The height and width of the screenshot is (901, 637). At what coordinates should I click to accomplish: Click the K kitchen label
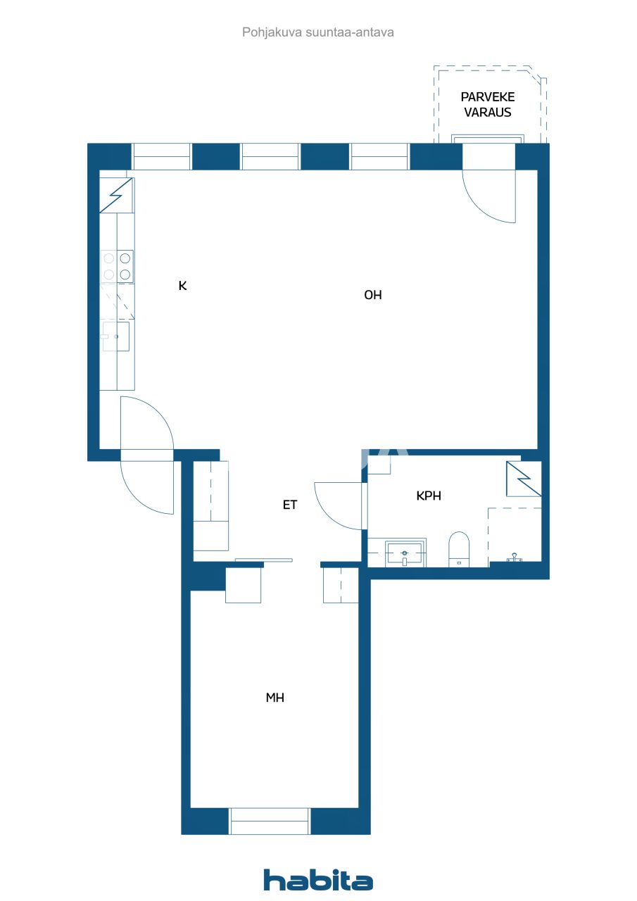[182, 286]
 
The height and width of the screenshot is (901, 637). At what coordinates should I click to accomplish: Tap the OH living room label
[373, 296]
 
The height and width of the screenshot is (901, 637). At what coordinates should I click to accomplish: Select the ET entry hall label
[290, 505]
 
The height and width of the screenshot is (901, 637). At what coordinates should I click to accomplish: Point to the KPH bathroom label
[429, 496]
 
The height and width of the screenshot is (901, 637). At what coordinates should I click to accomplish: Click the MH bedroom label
[275, 698]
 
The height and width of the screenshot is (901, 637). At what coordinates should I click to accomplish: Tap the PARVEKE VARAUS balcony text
[487, 104]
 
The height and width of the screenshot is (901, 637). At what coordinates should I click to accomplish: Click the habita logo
[318, 880]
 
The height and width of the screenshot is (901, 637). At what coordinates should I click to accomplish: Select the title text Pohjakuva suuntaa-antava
[318, 32]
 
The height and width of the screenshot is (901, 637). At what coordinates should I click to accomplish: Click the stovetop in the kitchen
[118, 266]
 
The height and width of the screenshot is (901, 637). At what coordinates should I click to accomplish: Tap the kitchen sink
[116, 336]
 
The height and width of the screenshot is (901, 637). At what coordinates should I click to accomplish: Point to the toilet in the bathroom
[459, 548]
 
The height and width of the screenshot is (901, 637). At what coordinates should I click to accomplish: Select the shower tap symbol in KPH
[515, 557]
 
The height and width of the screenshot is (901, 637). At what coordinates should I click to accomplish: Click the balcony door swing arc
[493, 201]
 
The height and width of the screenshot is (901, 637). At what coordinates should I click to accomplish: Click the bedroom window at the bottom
[270, 821]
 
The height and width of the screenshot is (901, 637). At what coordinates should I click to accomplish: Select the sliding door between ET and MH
[263, 560]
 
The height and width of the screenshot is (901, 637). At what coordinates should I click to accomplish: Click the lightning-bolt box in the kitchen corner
[116, 195]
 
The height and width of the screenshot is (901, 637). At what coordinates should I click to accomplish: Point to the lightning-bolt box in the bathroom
[524, 479]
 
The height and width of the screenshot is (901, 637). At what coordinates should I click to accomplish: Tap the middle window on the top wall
[270, 156]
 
